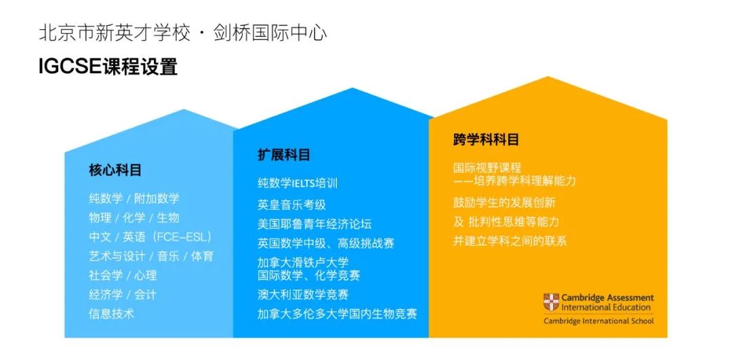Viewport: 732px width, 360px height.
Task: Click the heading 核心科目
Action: pos(115,170)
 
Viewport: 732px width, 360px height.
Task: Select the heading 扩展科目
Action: pos(284,155)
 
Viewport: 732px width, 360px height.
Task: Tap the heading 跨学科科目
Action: pos(486,139)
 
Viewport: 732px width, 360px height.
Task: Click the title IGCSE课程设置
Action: pos(108,66)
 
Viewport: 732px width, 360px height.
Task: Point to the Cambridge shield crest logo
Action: pos(551,302)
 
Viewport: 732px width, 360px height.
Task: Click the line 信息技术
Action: pos(111,313)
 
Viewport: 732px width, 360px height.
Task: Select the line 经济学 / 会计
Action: pos(122,295)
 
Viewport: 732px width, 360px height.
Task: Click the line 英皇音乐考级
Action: pos(291,205)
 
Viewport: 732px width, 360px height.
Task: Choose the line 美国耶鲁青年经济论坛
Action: pos(314,224)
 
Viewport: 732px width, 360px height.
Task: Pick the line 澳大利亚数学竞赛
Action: pos(304,295)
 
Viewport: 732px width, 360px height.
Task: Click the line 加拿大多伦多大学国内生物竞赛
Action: pos(337,313)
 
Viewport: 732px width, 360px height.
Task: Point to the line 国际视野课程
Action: pos(487,167)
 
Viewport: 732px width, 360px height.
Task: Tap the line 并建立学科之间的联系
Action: pos(510,241)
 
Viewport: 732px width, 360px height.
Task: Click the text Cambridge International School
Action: pos(598,321)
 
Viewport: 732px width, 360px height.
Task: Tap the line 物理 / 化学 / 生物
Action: pos(134,218)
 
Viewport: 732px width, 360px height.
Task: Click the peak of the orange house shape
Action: pos(548,77)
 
